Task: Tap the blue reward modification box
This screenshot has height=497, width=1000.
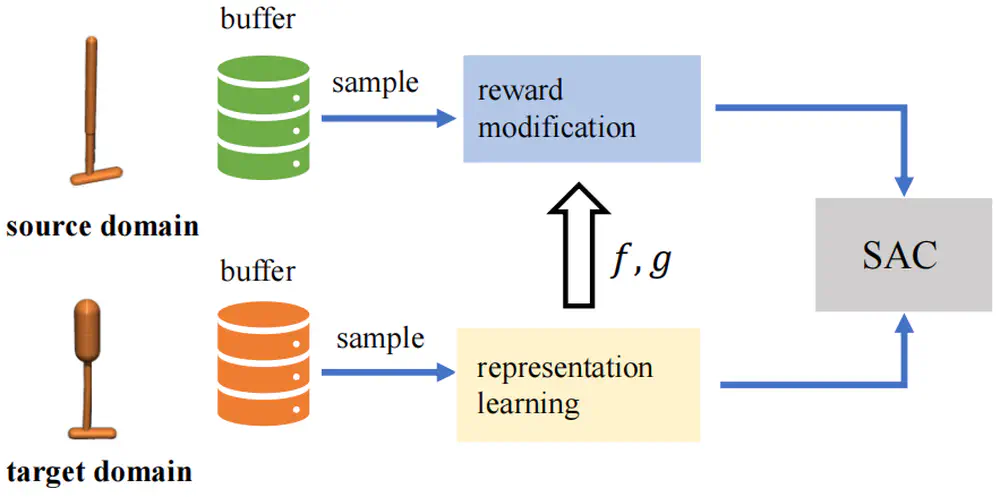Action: click(x=580, y=109)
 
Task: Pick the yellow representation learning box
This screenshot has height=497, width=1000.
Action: click(x=577, y=384)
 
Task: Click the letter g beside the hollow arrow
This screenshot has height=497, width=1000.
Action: click(x=660, y=264)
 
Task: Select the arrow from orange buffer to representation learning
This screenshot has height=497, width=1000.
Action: click(x=384, y=373)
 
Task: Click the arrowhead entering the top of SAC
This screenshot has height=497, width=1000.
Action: click(x=906, y=186)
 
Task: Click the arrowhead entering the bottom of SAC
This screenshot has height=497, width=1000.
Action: click(x=906, y=322)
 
